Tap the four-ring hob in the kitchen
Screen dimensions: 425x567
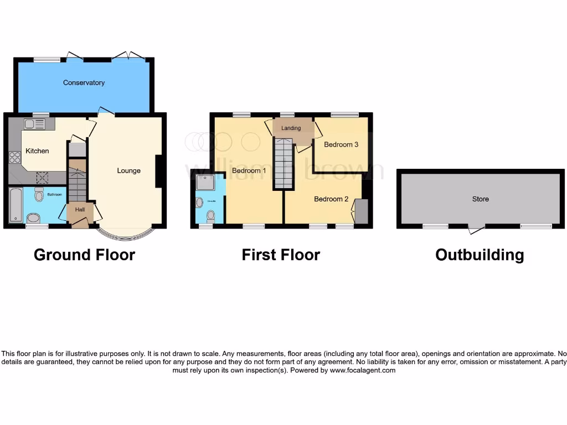click(14, 157)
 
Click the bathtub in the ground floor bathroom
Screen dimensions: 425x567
click(15, 205)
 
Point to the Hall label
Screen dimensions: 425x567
click(80, 210)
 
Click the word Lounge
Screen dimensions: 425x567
click(128, 170)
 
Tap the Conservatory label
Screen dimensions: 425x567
click(84, 82)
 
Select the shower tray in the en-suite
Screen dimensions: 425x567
click(204, 182)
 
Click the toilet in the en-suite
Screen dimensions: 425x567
click(210, 215)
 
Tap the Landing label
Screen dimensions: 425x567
click(291, 128)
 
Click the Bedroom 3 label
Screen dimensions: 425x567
click(341, 144)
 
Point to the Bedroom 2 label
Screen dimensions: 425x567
click(331, 199)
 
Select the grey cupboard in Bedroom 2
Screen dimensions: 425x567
click(360, 211)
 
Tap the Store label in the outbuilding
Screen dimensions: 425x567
click(480, 199)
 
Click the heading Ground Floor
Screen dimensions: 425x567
click(84, 255)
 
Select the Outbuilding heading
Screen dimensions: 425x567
click(479, 255)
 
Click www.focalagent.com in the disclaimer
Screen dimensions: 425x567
click(363, 370)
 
